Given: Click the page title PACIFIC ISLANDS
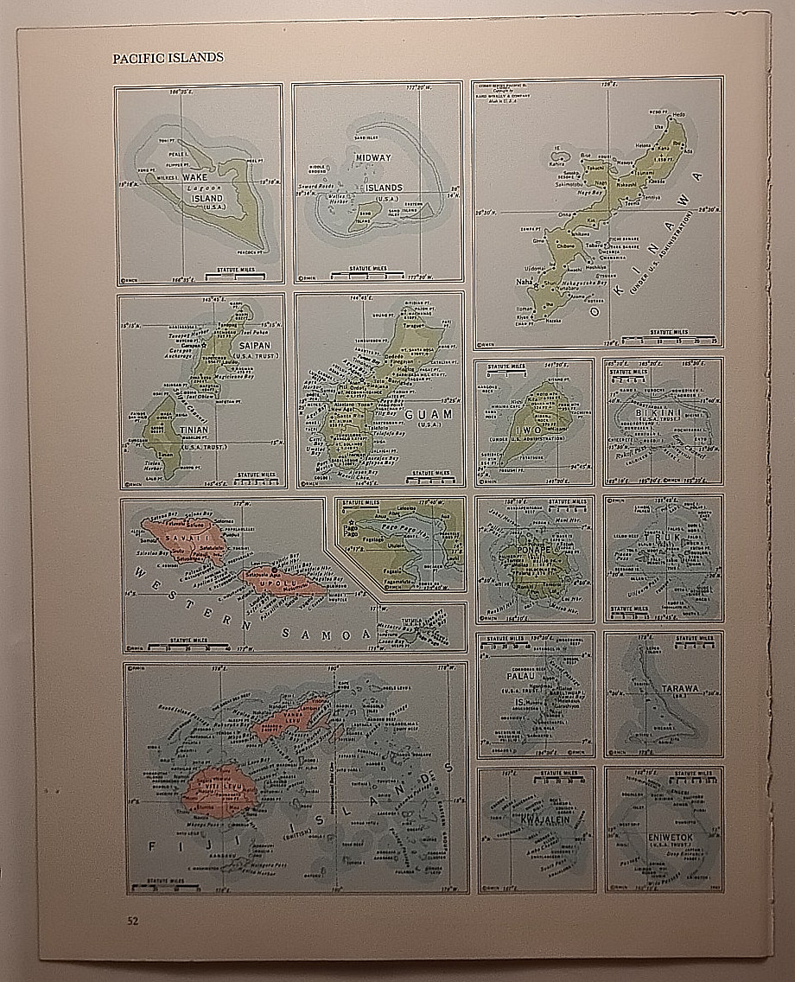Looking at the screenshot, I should [168, 58].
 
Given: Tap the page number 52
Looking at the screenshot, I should [132, 921].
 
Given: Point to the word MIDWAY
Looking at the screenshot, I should [372, 157].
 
